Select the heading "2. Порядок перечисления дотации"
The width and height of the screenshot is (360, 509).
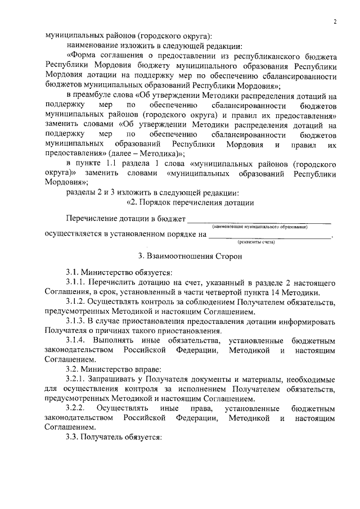tap(190, 202)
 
